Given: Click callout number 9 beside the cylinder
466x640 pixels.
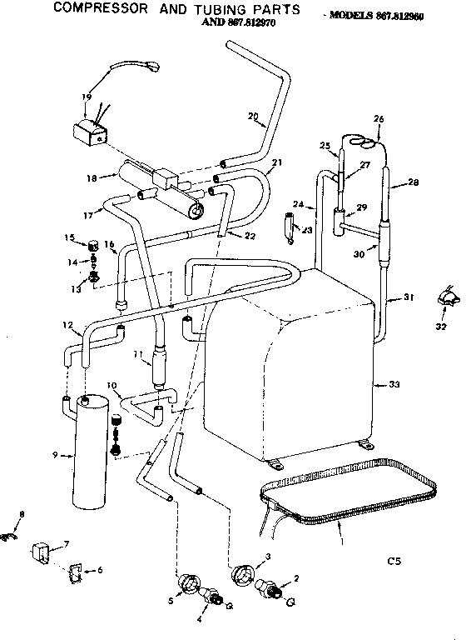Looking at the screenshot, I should (x=55, y=454).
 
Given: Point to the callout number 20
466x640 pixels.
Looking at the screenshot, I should (x=252, y=116).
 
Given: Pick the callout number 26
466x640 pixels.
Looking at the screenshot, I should (x=379, y=119).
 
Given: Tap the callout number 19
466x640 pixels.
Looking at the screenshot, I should (x=86, y=98).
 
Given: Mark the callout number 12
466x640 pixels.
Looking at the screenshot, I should (x=67, y=324).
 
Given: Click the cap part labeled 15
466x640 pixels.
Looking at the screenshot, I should (x=94, y=245).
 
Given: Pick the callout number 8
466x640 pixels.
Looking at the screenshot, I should (x=22, y=514).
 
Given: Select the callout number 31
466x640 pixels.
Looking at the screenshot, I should (x=409, y=297).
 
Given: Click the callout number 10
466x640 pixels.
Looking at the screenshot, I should (x=112, y=386).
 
